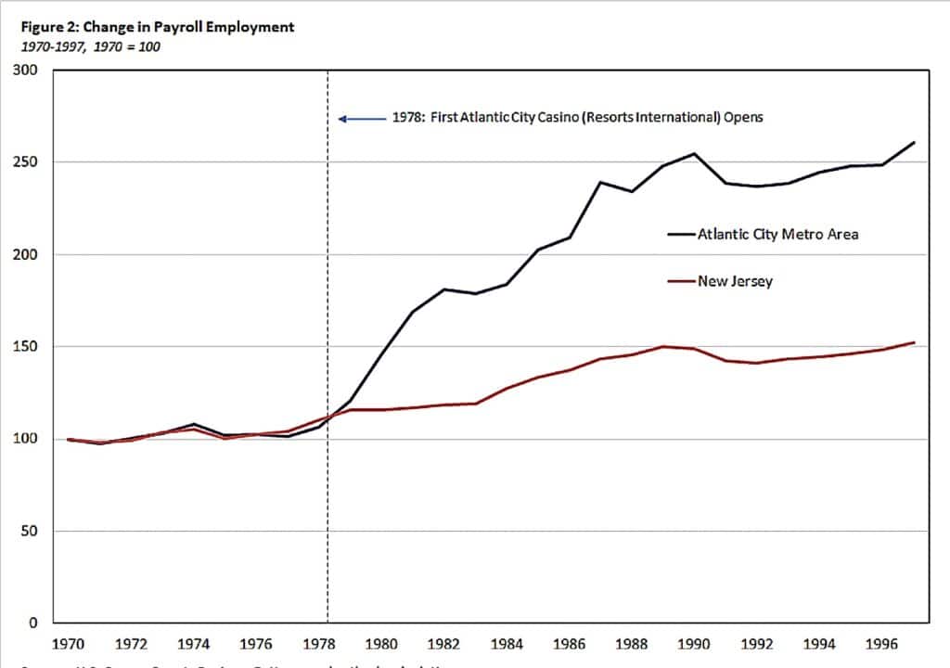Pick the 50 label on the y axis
(28, 532)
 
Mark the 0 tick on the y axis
(32, 623)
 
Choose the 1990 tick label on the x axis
(693, 642)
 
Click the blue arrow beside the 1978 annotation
(361, 119)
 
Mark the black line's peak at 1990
(694, 154)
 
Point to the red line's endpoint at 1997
(915, 342)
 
